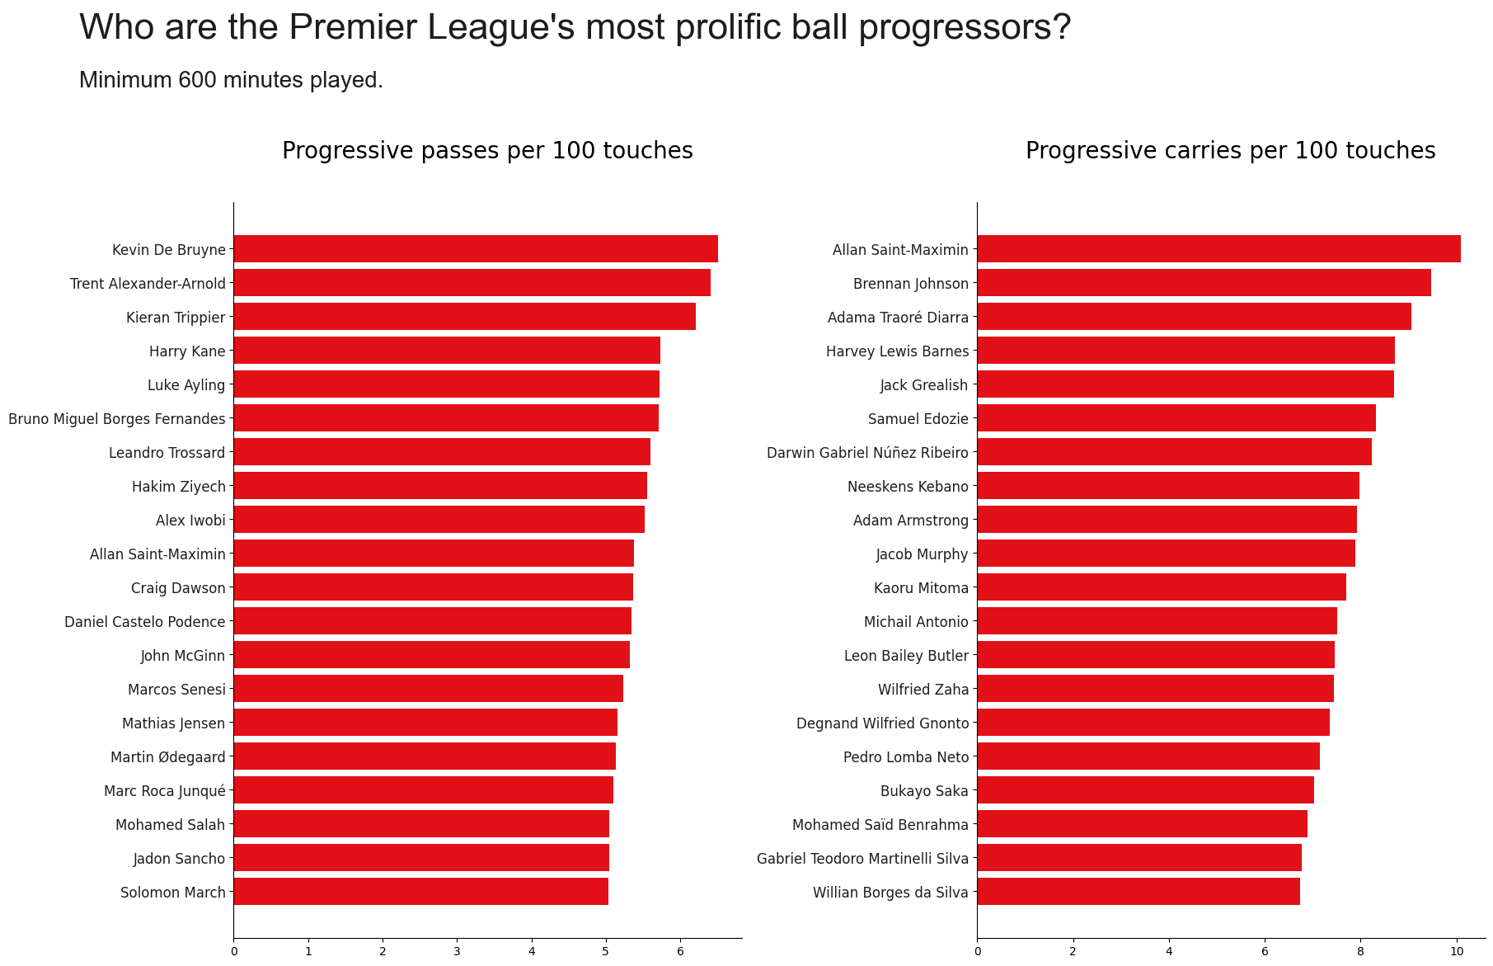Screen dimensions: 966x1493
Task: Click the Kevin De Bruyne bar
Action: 476,249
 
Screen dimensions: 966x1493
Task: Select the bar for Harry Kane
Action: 447,351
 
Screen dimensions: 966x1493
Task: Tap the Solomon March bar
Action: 420,892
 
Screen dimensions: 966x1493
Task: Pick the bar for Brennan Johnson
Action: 1204,283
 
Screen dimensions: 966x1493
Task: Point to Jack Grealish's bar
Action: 1185,384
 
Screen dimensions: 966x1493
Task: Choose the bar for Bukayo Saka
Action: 1145,790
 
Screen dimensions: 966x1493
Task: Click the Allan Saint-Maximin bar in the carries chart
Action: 1218,249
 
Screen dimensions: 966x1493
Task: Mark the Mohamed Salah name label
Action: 170,824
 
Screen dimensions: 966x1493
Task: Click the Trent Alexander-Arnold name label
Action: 148,284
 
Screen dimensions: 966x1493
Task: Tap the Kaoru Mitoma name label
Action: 921,588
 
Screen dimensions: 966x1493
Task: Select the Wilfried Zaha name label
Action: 923,690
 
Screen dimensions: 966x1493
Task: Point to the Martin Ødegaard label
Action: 168,757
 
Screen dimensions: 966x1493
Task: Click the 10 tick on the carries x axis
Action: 1457,951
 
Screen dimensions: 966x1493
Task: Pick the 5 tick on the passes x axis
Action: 606,951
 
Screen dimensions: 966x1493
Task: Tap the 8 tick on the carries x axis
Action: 1360,951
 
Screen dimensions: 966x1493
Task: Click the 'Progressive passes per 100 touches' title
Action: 487,151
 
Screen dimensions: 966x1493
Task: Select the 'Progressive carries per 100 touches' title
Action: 1230,151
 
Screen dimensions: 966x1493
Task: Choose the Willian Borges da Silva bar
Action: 1139,892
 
